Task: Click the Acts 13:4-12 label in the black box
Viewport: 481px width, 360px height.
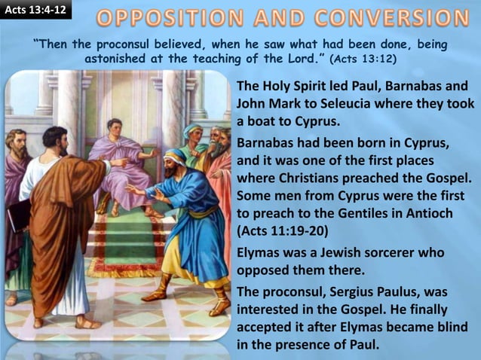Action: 35,9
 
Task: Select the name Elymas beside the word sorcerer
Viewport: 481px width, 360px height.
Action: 259,253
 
